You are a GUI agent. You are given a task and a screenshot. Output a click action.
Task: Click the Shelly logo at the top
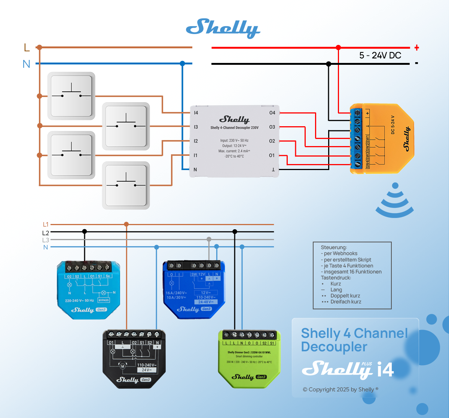tap(223, 28)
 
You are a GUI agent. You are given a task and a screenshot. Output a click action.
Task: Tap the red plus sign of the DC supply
tap(416, 48)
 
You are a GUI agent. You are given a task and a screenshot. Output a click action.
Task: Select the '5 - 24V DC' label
tap(380, 55)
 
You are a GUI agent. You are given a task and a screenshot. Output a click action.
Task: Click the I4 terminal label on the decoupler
tap(196, 113)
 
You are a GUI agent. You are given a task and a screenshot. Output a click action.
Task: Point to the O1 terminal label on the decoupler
tap(272, 155)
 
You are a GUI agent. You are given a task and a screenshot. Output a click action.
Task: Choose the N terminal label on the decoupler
tap(195, 170)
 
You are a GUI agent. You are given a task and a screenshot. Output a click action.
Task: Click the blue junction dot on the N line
tap(182, 63)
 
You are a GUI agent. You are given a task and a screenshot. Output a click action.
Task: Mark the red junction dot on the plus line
tap(338, 48)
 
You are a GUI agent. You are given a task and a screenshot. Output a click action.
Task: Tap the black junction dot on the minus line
tap(329, 64)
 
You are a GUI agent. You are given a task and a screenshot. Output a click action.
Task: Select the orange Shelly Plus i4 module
tap(382, 139)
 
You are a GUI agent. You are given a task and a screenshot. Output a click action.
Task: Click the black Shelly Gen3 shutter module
tap(134, 359)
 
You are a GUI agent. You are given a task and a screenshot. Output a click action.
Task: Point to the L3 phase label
tap(46, 240)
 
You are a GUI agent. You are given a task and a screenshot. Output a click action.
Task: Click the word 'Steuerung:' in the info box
tap(334, 247)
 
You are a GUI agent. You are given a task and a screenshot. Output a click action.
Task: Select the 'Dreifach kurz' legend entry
tap(346, 302)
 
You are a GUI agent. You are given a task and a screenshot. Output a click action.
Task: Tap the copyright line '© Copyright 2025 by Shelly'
tap(340, 390)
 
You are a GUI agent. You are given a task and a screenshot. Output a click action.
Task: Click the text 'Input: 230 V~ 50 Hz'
tap(234, 140)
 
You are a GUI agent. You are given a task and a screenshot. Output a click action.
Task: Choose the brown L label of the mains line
tap(27, 48)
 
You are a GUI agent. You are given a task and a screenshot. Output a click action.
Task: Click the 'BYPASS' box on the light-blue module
tap(104, 300)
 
